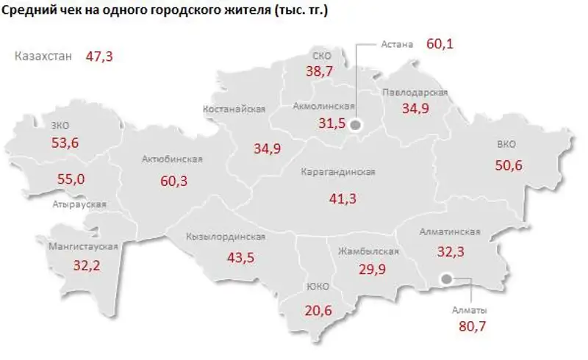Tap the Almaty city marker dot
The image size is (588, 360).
point(446,279)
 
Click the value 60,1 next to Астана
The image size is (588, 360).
point(440,44)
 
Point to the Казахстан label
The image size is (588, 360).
point(43,56)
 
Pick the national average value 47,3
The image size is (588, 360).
point(98,56)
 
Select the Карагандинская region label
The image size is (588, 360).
point(338,172)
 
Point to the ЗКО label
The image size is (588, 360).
point(61,125)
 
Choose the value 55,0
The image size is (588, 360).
point(71,179)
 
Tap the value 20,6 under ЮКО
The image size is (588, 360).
point(318,311)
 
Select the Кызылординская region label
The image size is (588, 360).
point(226,237)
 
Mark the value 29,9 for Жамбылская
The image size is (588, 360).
point(369,269)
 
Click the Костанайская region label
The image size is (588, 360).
point(234,109)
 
